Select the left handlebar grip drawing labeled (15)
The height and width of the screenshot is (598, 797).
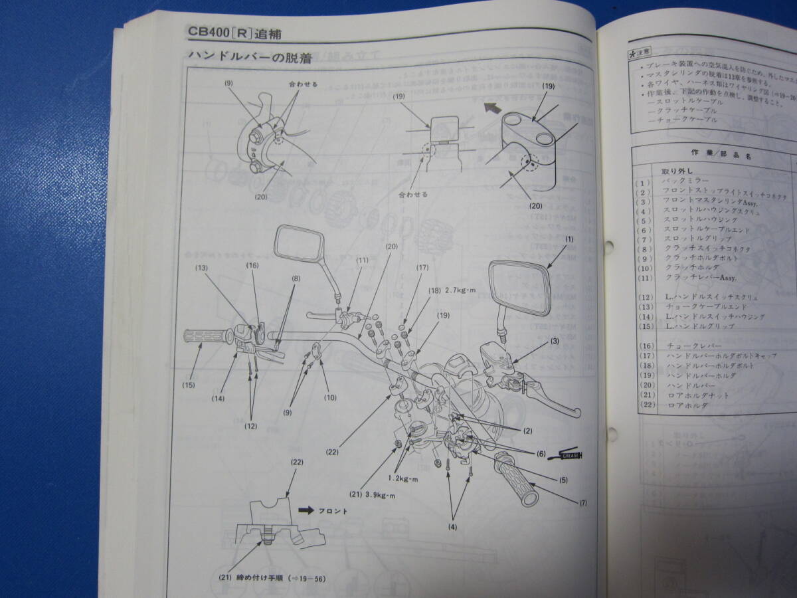click(x=205, y=337)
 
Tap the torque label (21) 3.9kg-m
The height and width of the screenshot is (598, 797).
click(x=371, y=494)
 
